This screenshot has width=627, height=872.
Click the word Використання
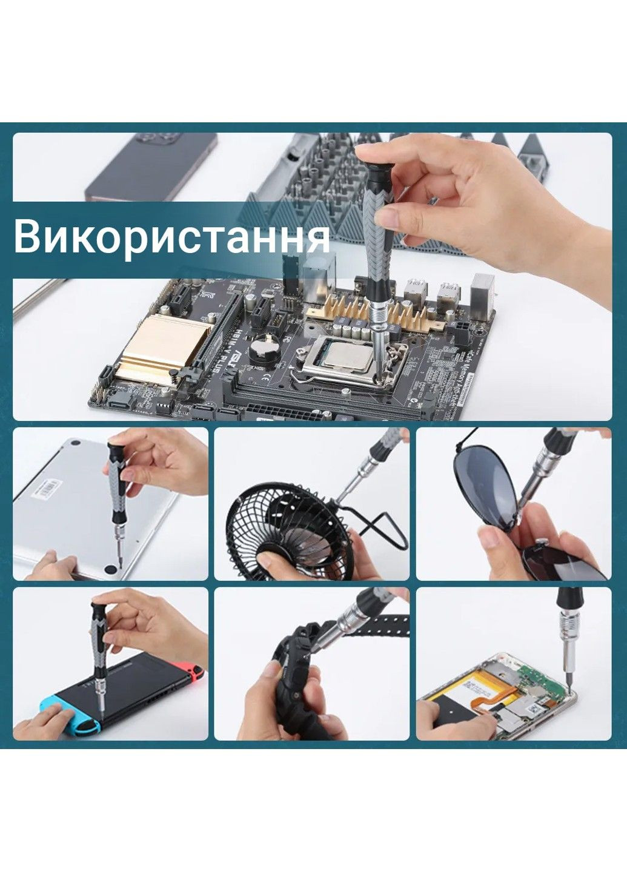(171, 237)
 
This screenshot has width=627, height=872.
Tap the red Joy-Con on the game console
(195, 673)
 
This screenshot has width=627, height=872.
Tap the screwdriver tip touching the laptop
(121, 564)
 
